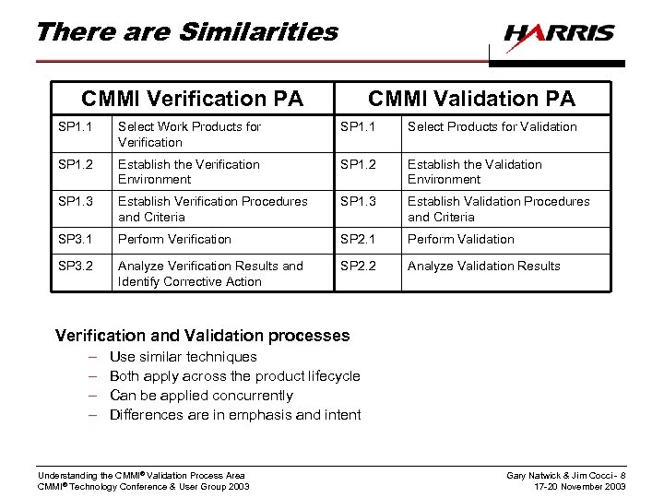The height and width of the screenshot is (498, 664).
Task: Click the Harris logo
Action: pos(559,34)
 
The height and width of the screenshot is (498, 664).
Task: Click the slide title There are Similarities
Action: pos(186,32)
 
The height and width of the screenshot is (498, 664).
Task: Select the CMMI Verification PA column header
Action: pos(192,98)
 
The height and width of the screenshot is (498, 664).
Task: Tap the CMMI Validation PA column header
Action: pos(471,98)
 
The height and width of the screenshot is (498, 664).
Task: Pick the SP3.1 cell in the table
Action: pos(76,239)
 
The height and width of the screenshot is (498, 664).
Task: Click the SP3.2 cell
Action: pos(76,266)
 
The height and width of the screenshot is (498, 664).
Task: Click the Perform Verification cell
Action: pos(174,239)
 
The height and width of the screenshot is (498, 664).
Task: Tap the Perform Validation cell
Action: pos(461,239)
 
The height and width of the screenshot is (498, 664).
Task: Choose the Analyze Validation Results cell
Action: pos(484,266)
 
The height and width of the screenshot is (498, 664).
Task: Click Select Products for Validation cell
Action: pos(492,126)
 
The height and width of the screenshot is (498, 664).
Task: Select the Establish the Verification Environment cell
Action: pos(189,172)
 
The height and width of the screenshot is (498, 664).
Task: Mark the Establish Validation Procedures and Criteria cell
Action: pos(499,208)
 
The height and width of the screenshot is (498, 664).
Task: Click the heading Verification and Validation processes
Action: pos(203,336)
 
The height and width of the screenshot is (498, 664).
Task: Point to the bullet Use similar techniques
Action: pos(183,357)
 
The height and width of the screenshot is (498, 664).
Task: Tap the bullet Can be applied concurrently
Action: pos(201,396)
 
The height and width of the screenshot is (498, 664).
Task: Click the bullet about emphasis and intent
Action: pos(235,415)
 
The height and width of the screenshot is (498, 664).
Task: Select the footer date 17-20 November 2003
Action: pos(578,487)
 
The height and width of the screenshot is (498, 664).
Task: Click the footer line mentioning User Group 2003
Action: pos(143,487)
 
